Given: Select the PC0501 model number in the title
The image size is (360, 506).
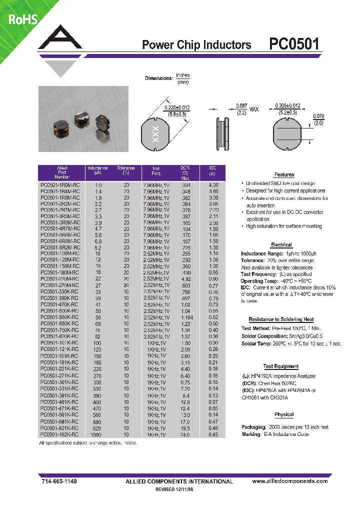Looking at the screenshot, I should click(294, 44).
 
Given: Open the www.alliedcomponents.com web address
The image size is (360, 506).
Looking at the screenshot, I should click(289, 481).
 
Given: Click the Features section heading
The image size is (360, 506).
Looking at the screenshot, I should click(284, 174).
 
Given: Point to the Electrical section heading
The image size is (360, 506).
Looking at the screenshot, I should click(281, 244).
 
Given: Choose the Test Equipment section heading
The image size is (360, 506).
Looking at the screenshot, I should click(281, 366).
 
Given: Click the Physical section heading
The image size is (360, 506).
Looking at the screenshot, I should click(284, 414).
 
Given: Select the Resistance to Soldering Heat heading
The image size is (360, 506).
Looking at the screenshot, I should click(281, 319).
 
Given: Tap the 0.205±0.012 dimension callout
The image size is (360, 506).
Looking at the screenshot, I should click(287, 106).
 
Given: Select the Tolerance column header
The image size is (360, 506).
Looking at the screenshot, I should click(126, 170).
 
